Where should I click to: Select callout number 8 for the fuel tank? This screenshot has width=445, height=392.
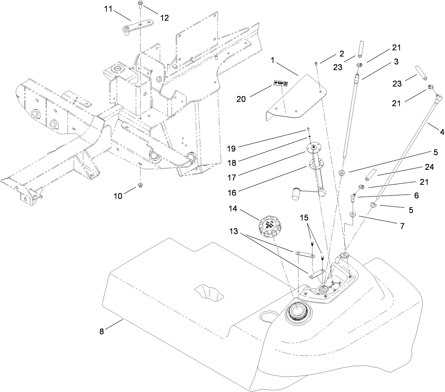pos(102,331)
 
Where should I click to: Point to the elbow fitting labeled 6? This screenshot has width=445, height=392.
pos(353,199)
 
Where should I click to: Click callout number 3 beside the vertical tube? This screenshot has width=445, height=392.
pos(396,61)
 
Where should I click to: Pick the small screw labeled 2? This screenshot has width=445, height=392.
pos(316,64)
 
